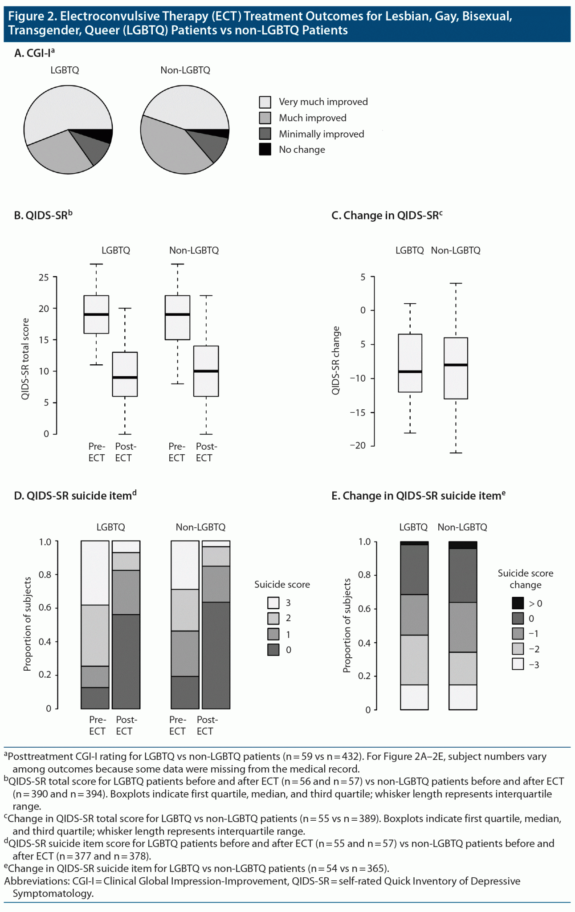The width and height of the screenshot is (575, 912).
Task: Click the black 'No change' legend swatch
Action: pos(265,149)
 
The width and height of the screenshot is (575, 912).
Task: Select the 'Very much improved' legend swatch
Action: pos(265,102)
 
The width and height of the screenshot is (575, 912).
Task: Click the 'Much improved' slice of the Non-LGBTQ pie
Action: pos(169,147)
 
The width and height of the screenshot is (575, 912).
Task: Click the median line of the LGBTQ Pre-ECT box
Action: pos(96,314)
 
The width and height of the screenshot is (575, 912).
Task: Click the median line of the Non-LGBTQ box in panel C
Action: pos(456,365)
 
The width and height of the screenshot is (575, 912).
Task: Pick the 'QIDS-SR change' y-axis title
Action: pos(336,360)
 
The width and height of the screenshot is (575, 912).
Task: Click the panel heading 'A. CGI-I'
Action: pos(34,53)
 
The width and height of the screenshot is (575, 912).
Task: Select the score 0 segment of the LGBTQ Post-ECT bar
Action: pos(126,661)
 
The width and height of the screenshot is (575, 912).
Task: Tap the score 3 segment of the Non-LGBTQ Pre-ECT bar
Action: pos(185,565)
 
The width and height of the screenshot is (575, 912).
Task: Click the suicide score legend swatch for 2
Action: pos(273,618)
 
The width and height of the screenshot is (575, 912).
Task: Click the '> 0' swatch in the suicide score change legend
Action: pos(518,603)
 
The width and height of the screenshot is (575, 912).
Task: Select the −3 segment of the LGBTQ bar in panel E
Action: pos(414,697)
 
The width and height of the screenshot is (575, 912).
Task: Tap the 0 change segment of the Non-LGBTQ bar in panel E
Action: pos(463,575)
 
